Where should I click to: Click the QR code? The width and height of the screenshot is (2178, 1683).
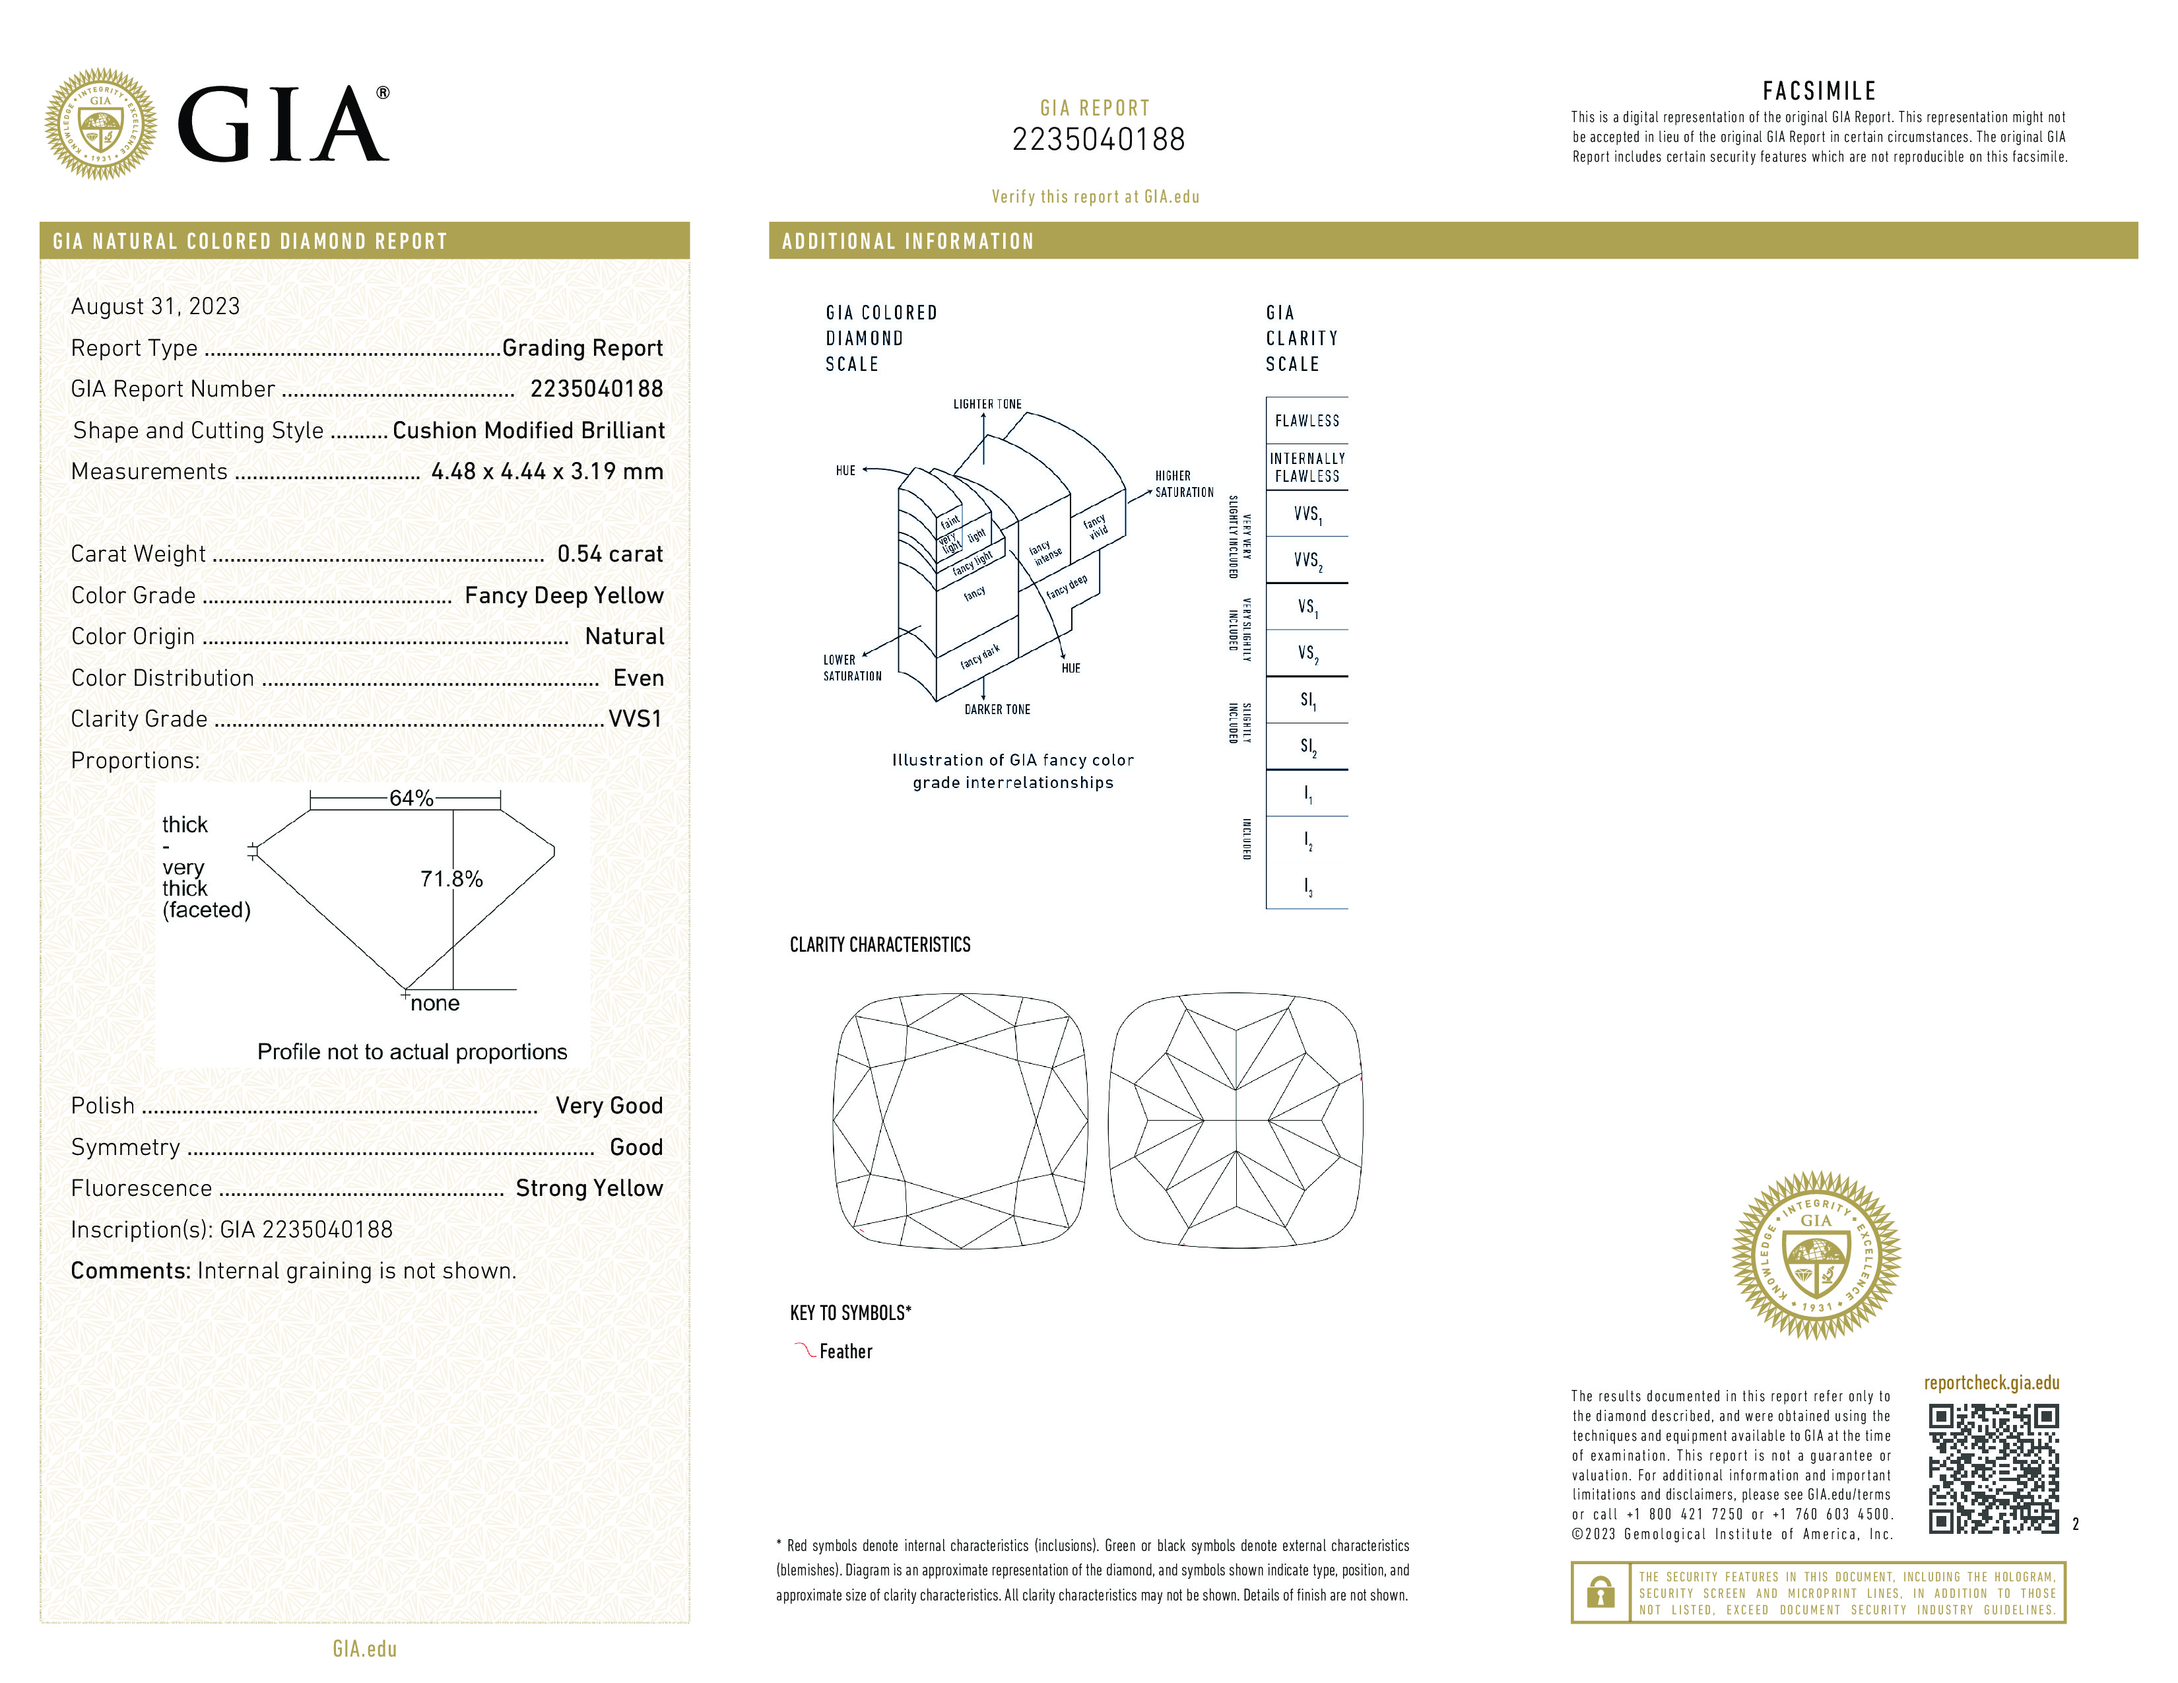(1993, 1468)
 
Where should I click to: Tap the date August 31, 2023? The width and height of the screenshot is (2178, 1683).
(156, 306)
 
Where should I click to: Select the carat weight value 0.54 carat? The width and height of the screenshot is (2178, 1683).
(609, 554)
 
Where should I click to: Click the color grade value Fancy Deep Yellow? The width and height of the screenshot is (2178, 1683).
(564, 595)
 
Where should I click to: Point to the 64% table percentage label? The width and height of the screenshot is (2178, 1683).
(411, 798)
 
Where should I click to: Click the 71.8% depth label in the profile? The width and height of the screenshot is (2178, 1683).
(451, 878)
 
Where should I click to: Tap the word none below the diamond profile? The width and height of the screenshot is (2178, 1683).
(435, 1003)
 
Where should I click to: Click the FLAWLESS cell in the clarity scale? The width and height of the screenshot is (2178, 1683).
(1306, 421)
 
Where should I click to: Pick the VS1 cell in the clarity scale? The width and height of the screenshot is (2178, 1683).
(1306, 606)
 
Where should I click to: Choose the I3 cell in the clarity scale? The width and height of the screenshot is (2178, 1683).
(1306, 886)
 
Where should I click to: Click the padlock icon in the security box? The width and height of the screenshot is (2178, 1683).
(1600, 1593)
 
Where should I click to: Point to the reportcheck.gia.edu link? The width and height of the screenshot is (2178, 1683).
(1991, 1383)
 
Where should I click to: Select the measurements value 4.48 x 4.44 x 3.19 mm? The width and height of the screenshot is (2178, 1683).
(546, 472)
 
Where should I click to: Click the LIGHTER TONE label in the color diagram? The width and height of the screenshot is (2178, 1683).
(987, 405)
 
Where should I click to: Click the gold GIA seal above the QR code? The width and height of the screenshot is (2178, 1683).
(1816, 1255)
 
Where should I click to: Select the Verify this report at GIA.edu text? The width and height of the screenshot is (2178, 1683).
(1095, 197)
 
